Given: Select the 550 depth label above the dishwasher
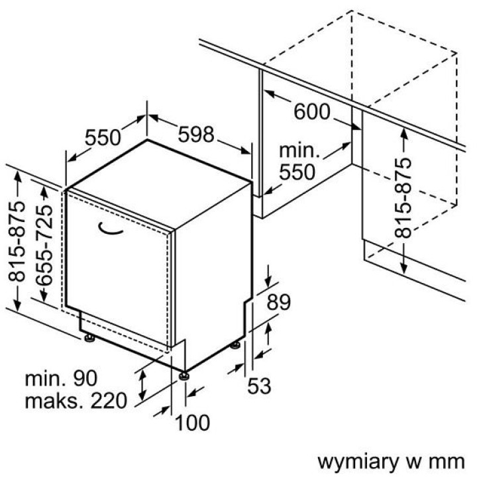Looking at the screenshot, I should tap(103, 137).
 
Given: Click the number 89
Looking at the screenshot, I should tap(279, 303).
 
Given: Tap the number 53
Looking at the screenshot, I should tap(259, 386).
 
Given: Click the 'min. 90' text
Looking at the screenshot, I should tap(61, 379).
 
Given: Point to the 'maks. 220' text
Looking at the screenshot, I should tap(75, 401).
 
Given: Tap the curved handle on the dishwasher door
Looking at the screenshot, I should tap(112, 229).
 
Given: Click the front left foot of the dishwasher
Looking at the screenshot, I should tap(89, 339).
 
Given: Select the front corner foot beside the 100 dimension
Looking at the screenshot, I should tap(184, 377).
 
